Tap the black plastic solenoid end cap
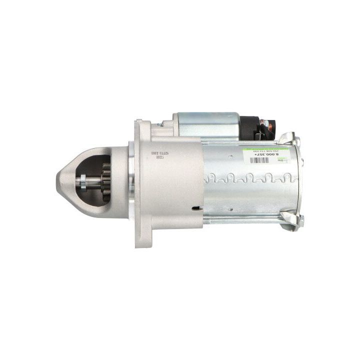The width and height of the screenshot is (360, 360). point(249,128)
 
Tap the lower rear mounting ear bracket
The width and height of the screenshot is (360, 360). point(292,219)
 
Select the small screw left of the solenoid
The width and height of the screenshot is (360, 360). point(159,125)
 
